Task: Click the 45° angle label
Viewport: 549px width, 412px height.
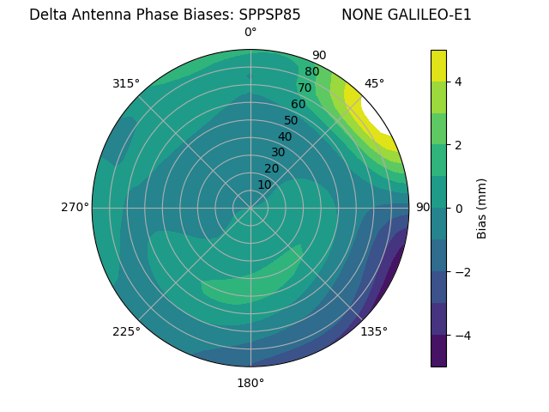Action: pos(374,83)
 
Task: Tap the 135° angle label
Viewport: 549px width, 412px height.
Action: pos(374,331)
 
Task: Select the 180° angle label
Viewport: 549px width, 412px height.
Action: pos(250,383)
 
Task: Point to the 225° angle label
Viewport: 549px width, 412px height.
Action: pos(126,331)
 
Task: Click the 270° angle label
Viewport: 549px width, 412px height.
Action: pos(75,207)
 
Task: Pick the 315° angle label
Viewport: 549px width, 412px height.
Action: pos(126,83)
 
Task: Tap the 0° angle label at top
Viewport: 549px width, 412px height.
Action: pos(250,33)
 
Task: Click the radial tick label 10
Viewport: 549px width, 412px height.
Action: pos(264,185)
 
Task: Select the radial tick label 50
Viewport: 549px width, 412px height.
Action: pos(291,120)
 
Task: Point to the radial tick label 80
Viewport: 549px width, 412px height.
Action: pos(311,72)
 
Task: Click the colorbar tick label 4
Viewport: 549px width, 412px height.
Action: pos(458,82)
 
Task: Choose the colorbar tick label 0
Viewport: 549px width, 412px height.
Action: pos(458,208)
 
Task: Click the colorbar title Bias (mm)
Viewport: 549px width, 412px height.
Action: pos(482,208)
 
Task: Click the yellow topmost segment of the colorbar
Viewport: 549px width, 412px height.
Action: pos(438,65)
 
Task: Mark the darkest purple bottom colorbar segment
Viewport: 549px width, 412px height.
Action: pos(438,351)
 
